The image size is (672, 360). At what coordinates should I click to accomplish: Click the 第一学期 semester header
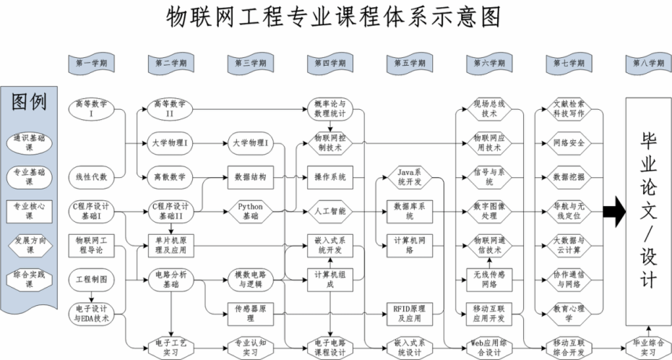(x=91, y=64)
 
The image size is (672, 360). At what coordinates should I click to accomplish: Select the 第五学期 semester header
(x=410, y=64)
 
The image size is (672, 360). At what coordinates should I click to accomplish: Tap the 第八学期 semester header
(x=647, y=64)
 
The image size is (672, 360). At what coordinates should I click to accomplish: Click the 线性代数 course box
(x=92, y=176)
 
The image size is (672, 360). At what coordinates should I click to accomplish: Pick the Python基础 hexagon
(x=251, y=210)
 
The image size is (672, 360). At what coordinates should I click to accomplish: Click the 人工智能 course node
(x=330, y=211)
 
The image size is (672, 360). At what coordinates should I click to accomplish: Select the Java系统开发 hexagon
(x=410, y=176)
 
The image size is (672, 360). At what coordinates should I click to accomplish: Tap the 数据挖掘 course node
(x=569, y=176)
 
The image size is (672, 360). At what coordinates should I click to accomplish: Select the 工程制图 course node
(x=91, y=278)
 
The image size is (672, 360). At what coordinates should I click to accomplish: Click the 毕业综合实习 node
(x=647, y=348)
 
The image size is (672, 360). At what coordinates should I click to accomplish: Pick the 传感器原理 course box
(x=251, y=309)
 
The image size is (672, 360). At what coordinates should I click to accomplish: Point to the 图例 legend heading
(x=30, y=102)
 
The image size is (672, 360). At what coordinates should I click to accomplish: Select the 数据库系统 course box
(x=410, y=210)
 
